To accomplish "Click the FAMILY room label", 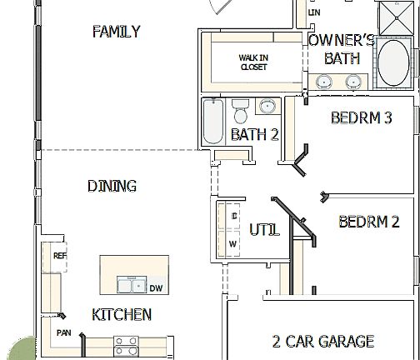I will [116, 32].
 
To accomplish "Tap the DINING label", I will [112, 186].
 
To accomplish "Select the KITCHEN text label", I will [122, 314].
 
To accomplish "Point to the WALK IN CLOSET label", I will [253, 62].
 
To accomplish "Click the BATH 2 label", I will [254, 134].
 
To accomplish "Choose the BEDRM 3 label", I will [361, 117].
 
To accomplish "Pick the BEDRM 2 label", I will [369, 222].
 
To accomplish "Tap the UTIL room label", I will [264, 229].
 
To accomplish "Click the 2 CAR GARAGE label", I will [323, 341].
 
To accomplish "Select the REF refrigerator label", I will [59, 256].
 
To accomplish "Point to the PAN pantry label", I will [63, 332].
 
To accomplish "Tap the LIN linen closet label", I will [313, 12].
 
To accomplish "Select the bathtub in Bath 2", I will [212, 122].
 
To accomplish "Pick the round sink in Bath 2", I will [267, 107].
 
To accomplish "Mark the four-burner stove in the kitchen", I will [126, 344].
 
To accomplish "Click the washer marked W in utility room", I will [232, 243].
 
